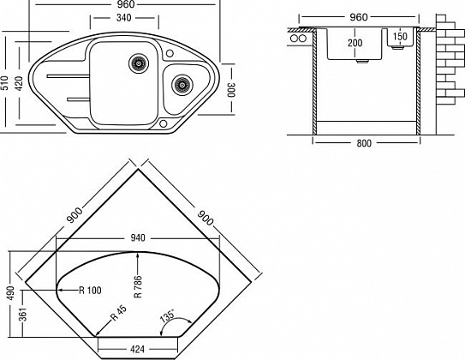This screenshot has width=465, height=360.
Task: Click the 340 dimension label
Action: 123,18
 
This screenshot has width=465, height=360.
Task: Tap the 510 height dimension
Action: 4,83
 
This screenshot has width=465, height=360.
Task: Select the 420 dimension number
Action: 19,83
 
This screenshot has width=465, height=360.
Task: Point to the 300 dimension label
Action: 230,90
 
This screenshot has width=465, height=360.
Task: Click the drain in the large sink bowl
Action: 139,63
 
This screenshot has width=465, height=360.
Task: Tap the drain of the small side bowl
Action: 182,85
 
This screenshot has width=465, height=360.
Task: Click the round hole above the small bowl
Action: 170,53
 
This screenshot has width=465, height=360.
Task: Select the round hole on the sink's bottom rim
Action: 163,123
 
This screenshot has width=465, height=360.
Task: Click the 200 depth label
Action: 355,43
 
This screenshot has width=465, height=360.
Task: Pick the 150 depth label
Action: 400,37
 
